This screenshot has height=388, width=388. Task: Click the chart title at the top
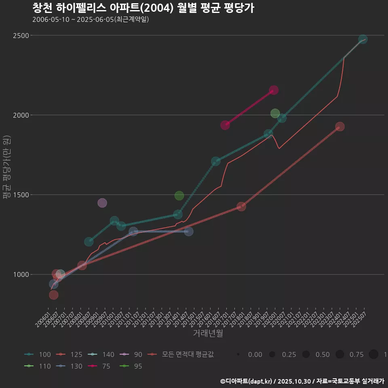pos(143,8)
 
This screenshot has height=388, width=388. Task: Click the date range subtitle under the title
pos(91,19)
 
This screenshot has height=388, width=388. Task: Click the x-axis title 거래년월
pos(208,333)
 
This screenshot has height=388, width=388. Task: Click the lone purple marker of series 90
pos(102,203)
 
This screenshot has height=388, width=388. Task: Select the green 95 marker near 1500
pos(179,196)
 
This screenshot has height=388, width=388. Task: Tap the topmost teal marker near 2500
pos(363,39)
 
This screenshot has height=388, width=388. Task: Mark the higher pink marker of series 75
pos(274,90)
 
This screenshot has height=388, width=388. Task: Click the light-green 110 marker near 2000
pos(275,113)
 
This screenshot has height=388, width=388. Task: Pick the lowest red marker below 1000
pos(53,295)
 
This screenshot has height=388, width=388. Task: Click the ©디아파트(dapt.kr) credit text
pos(247,381)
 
